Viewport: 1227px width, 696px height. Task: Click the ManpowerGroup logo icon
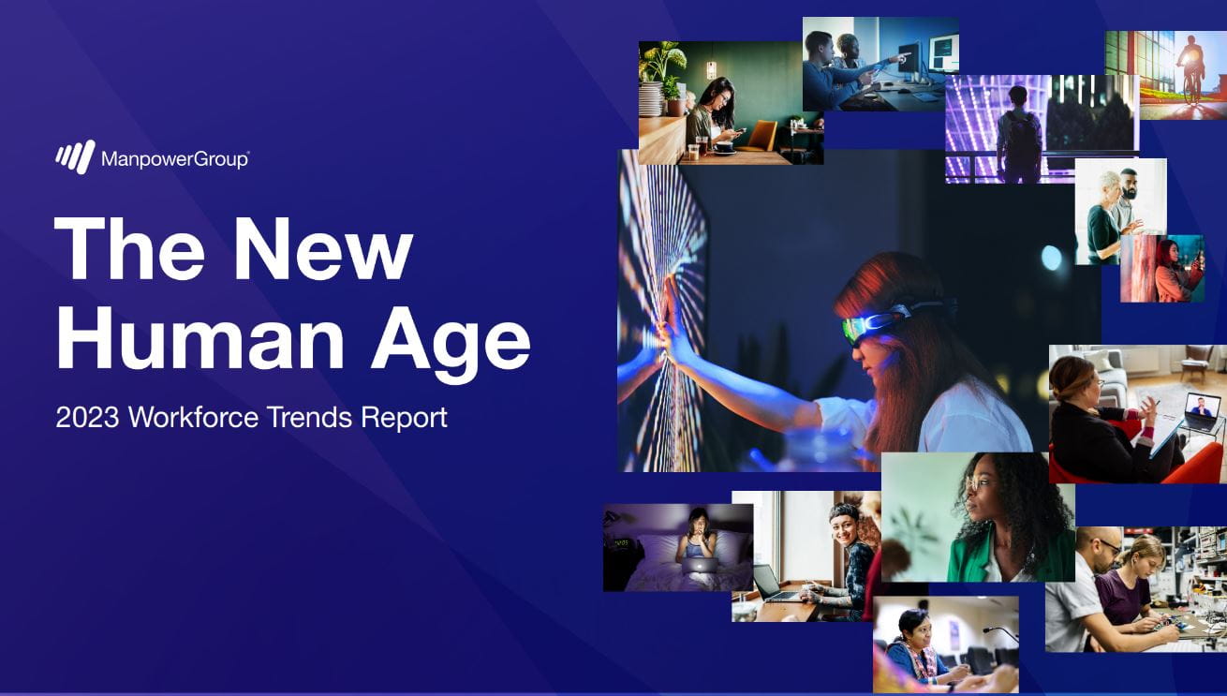75,156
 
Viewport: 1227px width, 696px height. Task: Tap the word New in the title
323,250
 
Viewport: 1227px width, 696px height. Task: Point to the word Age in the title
451,344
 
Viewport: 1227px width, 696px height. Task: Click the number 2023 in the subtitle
87,418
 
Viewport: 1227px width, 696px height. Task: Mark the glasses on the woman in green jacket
977,483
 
